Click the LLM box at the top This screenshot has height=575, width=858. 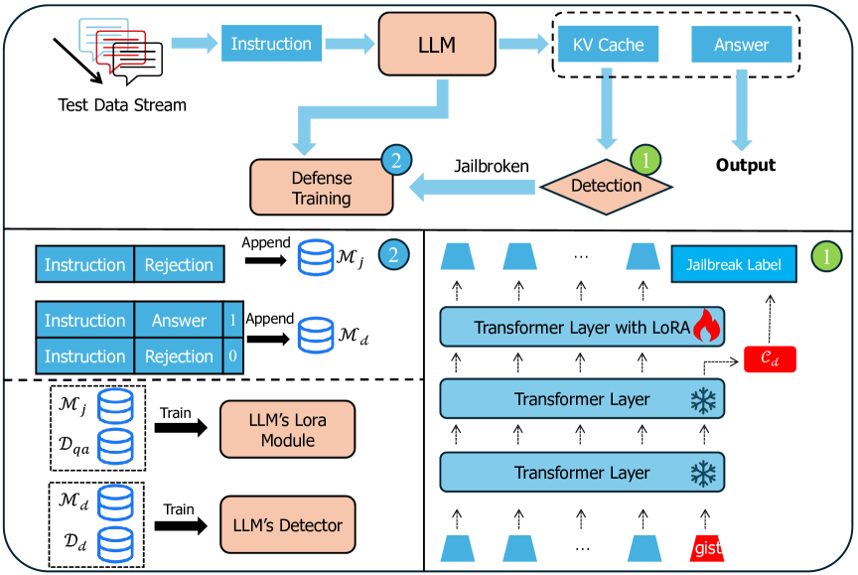[x=436, y=45]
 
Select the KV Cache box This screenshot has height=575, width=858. [x=609, y=45]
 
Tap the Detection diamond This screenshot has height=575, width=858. [x=605, y=185]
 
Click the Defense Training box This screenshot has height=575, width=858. [x=320, y=187]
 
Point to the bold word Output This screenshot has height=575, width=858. [x=746, y=164]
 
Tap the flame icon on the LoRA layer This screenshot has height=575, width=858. [x=705, y=326]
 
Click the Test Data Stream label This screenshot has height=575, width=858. [x=122, y=105]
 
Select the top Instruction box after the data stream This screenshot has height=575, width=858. [x=271, y=45]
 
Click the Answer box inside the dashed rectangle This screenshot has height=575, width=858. [x=742, y=45]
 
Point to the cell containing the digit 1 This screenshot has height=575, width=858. [x=231, y=320]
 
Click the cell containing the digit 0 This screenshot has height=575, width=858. [x=231, y=356]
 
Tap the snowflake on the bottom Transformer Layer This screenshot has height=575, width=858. [x=703, y=473]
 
